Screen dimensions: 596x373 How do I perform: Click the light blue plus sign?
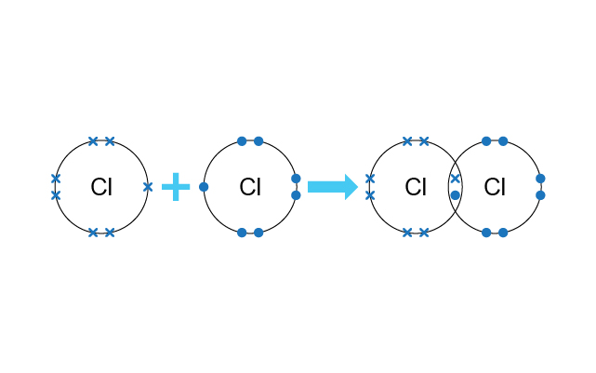coord(176,187)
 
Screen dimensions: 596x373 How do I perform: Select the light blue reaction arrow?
coord(333,187)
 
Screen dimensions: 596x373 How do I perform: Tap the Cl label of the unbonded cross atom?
coord(101,187)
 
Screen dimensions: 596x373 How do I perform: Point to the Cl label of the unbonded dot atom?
coord(250,187)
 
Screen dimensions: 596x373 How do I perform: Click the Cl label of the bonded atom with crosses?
coord(416,187)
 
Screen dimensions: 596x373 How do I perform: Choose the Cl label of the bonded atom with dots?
coord(495,187)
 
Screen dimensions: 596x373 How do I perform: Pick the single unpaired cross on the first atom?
coord(148,187)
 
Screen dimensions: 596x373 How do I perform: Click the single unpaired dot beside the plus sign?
coord(204,187)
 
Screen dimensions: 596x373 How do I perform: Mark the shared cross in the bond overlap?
coord(455,179)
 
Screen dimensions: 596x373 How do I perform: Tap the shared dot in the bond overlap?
coord(455,195)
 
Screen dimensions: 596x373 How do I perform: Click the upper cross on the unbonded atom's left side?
coord(56,179)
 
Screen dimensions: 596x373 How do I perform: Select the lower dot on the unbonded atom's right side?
coord(296,195)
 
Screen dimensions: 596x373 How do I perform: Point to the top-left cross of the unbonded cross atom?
coord(93,141)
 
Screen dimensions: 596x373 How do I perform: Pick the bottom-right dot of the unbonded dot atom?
coord(258,233)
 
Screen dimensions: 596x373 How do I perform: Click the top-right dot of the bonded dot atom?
coord(503,141)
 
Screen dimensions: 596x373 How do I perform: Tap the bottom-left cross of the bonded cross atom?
coord(407,233)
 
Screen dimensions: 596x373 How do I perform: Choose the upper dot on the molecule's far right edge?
coord(540,179)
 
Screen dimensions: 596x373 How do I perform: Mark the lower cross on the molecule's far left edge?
coord(370,195)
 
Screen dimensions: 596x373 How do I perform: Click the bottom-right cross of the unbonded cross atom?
coord(110,233)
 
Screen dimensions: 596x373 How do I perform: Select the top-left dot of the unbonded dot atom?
coord(242,141)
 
